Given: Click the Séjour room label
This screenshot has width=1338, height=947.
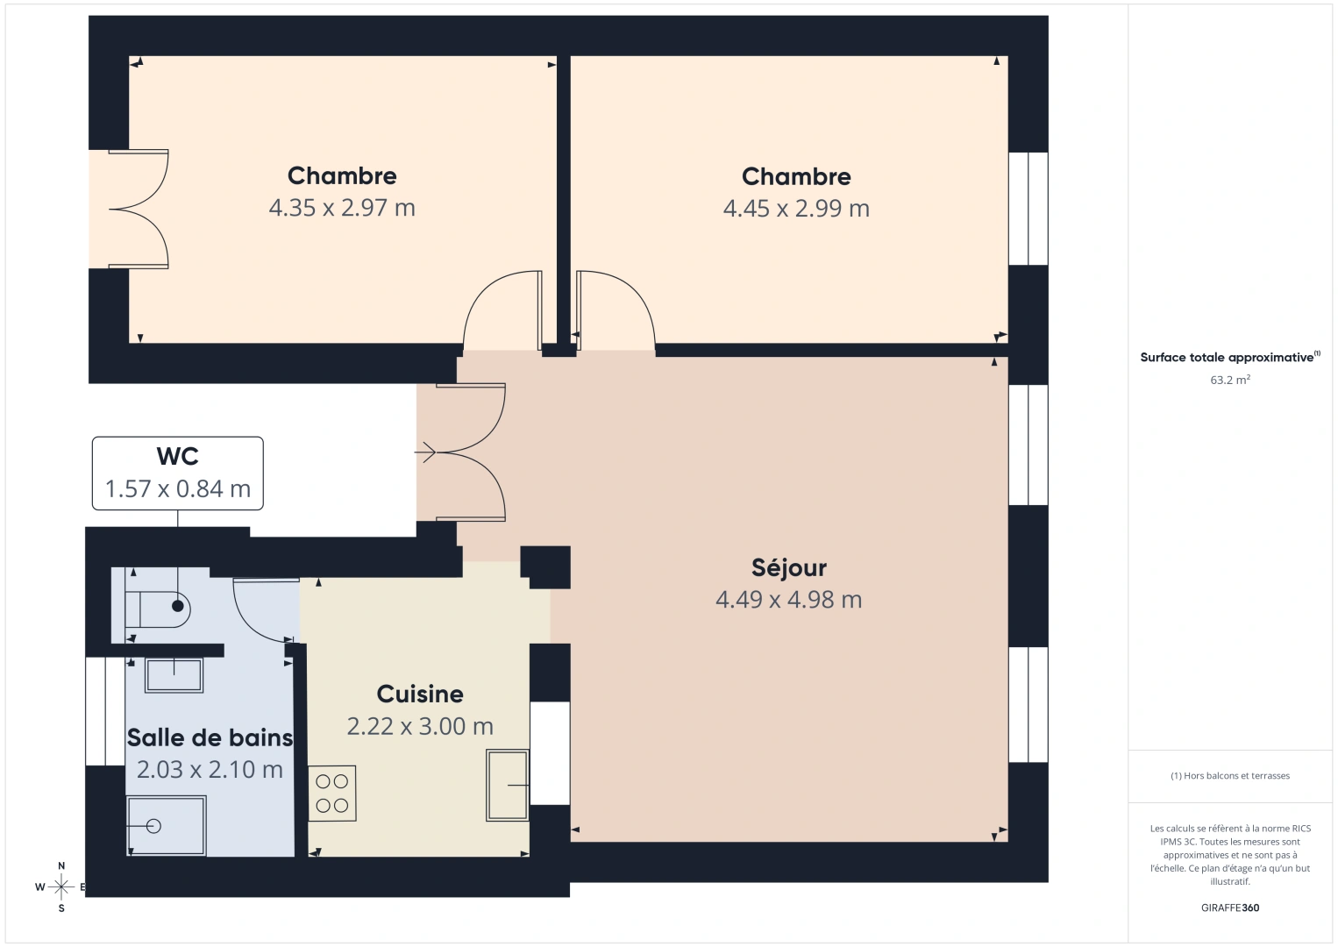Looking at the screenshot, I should point(788,568).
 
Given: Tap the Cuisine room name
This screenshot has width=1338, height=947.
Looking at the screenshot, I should point(420,694).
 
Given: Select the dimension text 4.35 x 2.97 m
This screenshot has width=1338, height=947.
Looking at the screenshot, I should point(342,208).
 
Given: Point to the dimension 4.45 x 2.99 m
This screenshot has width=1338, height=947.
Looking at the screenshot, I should point(796,209).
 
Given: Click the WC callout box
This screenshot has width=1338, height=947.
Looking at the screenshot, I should point(178,473).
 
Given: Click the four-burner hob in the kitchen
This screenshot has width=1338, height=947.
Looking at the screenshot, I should point(332,794).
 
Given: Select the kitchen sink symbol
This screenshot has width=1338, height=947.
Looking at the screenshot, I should point(508,785).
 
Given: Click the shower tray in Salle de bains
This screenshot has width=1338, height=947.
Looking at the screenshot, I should point(167,826).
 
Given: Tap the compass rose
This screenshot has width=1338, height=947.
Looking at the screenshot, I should point(61,887).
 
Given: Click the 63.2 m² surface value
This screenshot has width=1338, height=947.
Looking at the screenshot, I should point(1229,381).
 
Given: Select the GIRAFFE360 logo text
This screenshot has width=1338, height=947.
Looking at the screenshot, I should point(1229,908).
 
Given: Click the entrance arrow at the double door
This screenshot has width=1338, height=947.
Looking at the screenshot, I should point(426,452).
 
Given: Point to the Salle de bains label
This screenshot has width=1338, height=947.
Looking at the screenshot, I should point(210,738).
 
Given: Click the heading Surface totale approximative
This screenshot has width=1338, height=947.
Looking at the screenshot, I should point(1228,358).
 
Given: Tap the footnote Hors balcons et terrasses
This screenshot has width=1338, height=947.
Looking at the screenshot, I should point(1229,776).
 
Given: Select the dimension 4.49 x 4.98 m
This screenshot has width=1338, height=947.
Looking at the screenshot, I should point(788,601).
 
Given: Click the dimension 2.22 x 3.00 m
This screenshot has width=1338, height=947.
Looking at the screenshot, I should point(420,727).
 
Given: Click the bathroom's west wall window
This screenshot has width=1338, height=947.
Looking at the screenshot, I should point(96,711).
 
